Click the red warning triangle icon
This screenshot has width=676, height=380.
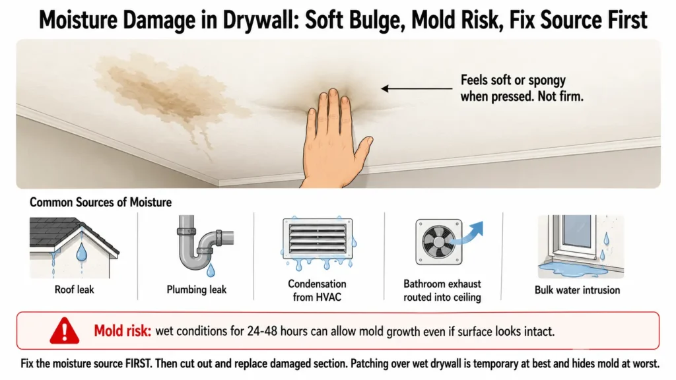(x=64, y=331)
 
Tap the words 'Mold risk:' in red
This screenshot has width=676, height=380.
(x=122, y=331)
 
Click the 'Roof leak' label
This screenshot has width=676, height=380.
(x=74, y=290)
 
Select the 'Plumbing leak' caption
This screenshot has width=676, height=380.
(x=197, y=290)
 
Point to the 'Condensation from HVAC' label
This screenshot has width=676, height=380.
(x=317, y=290)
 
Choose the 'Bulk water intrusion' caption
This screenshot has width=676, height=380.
(x=577, y=290)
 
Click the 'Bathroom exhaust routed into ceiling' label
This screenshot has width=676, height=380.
(x=442, y=290)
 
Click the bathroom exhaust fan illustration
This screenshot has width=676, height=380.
(x=439, y=241)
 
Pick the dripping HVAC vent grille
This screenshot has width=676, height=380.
(x=318, y=239)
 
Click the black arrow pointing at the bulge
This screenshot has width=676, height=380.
(x=417, y=89)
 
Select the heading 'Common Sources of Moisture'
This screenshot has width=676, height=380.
(x=100, y=202)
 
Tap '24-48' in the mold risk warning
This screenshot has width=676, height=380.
(x=263, y=331)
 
